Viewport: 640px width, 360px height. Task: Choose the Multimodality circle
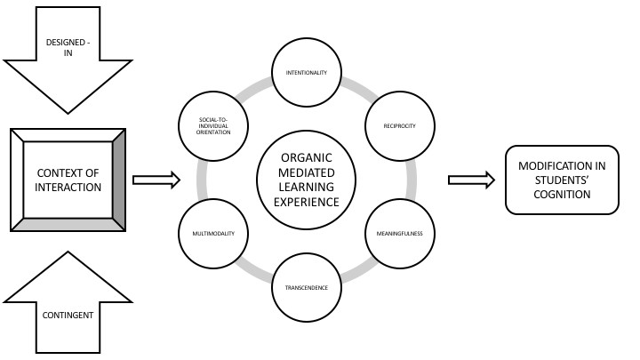(212, 234)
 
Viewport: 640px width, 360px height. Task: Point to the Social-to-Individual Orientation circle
(212, 125)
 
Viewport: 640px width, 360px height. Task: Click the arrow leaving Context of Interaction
(156, 180)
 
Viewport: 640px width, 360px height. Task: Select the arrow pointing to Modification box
(471, 180)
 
